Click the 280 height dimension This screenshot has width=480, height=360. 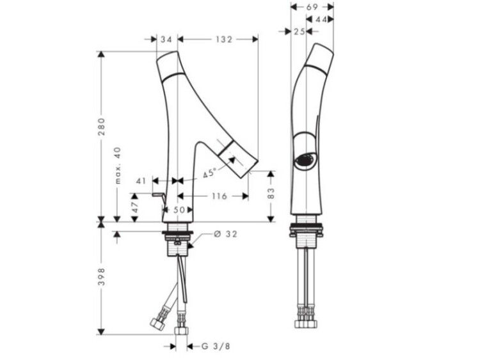point(101,127)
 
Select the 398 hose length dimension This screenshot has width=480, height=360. point(101,277)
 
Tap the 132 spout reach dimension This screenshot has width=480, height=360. point(224,40)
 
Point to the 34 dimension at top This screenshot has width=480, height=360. point(166,40)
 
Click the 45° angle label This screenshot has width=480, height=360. point(209,173)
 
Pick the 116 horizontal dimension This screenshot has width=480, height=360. point(219,196)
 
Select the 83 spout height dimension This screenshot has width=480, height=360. point(271,193)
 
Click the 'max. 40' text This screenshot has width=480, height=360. point(118,166)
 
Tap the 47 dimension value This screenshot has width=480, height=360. point(135,207)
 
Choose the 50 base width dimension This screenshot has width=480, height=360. point(179,210)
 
